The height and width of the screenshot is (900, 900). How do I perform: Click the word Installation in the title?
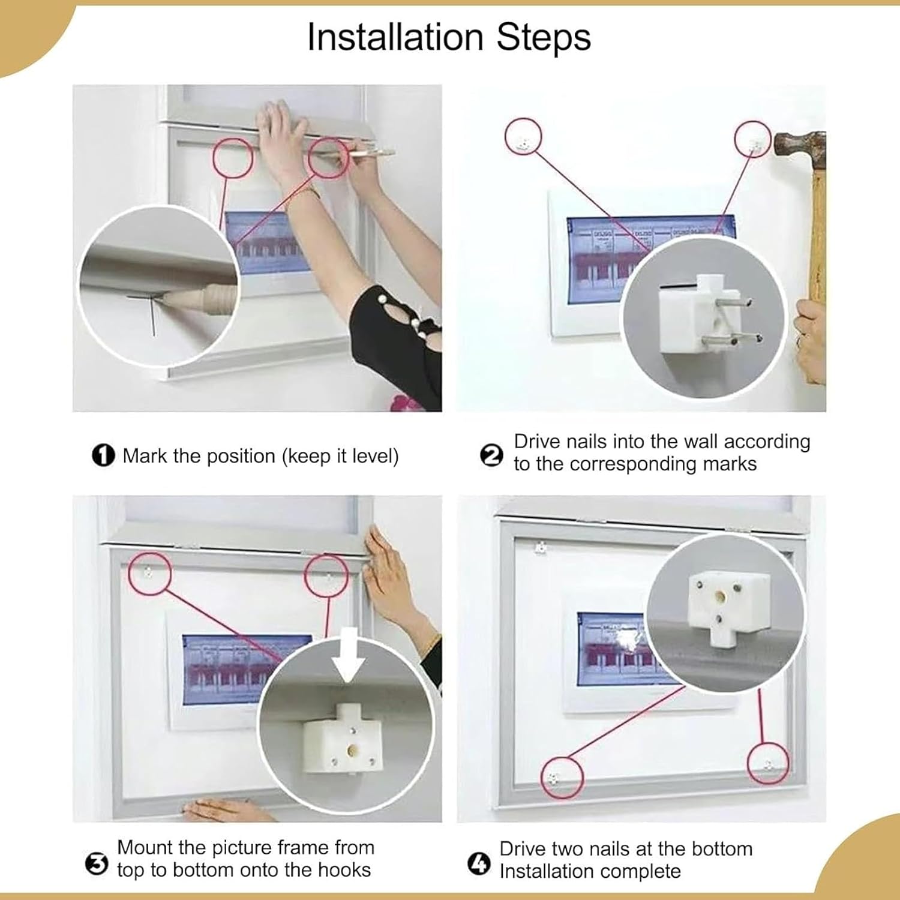click(395, 37)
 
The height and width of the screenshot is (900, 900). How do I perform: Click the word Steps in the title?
click(544, 37)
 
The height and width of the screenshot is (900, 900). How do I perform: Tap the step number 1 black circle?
click(103, 455)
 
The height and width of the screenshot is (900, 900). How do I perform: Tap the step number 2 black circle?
click(492, 455)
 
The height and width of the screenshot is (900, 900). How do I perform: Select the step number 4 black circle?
click(479, 865)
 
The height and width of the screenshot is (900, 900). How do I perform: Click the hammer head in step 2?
click(799, 146)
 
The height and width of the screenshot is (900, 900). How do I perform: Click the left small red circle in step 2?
click(524, 136)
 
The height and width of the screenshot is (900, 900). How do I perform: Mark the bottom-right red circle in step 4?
click(768, 763)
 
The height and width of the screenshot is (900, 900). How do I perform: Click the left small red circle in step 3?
click(150, 574)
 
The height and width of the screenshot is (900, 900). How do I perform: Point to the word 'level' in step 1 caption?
click(373, 456)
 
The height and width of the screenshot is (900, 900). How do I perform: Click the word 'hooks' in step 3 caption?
click(344, 870)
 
